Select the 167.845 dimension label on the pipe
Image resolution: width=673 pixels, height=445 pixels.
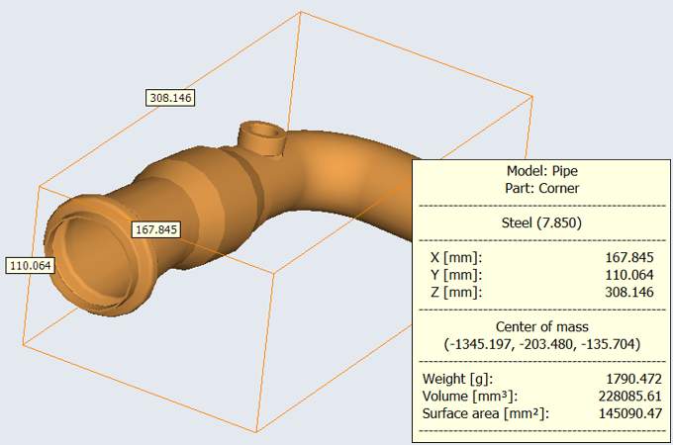[156, 229]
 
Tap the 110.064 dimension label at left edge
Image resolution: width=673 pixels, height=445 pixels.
[31, 266]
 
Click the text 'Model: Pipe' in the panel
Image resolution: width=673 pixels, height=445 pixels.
[540, 169]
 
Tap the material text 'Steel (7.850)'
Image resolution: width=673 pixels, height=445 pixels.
[540, 222]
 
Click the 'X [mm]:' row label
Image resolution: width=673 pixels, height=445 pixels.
[449, 256]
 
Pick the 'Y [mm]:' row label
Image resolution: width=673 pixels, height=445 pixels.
[449, 274]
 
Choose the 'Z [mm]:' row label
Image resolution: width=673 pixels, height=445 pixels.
[449, 292]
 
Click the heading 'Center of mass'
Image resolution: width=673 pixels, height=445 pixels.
[540, 326]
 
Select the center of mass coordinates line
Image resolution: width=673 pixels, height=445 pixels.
[540, 344]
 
